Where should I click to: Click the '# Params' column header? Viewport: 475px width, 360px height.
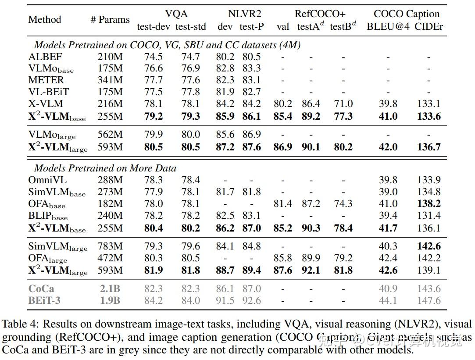[x=110, y=20]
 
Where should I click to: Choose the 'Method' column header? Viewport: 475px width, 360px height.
[x=45, y=19]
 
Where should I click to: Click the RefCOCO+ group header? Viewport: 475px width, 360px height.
[x=320, y=14]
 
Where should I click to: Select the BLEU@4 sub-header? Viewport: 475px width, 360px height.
[x=388, y=26]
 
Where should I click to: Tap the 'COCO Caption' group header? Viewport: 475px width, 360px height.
[x=407, y=14]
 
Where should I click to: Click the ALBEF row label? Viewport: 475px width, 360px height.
[x=45, y=57]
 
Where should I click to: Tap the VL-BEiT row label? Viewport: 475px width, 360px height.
[x=49, y=92]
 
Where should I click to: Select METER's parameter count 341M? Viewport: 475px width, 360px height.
[x=110, y=80]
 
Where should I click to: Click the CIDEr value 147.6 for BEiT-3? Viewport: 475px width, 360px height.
[x=429, y=300]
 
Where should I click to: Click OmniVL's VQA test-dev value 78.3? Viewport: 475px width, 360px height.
[x=154, y=180]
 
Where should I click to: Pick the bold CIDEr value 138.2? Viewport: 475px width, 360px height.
[x=429, y=203]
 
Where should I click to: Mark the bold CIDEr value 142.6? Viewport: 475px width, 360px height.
[x=429, y=246]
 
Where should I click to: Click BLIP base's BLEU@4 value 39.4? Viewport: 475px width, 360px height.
[x=388, y=215]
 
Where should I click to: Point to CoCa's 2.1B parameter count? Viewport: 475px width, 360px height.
[x=110, y=289]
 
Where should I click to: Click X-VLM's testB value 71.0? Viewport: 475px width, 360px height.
[x=343, y=104]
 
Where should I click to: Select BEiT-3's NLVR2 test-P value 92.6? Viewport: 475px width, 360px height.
[x=251, y=300]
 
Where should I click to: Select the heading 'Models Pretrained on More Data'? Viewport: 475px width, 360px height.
[x=105, y=168]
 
